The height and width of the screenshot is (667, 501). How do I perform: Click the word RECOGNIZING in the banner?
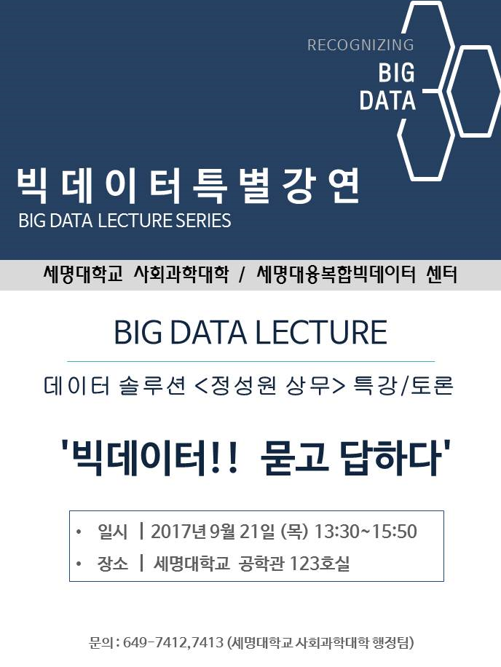point(360,44)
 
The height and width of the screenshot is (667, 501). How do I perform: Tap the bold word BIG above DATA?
point(396,72)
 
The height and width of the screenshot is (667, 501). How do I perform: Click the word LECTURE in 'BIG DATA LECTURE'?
point(321,332)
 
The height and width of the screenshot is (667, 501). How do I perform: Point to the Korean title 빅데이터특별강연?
point(189,186)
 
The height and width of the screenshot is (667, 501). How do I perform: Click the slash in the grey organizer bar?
point(242,275)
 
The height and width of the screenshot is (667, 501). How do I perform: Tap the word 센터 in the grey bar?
point(441,275)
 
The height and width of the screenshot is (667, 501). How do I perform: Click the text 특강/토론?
point(403,386)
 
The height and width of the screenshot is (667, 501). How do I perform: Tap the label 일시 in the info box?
point(112,532)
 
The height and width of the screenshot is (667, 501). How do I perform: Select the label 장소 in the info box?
point(112,564)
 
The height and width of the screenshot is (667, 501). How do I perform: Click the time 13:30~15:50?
point(366,532)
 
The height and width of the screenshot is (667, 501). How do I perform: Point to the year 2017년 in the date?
point(178,532)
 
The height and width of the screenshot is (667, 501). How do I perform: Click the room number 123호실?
point(320,564)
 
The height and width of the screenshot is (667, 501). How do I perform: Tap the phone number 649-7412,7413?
point(173,642)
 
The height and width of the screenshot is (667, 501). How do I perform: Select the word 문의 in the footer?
point(100,642)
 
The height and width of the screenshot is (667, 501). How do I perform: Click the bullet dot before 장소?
point(78,564)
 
